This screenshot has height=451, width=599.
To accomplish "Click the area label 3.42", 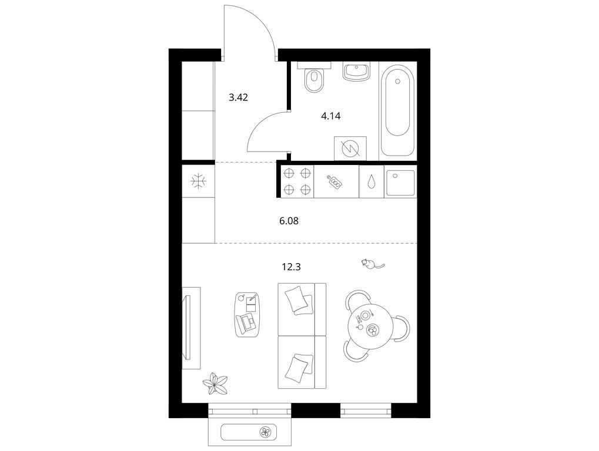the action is (x=239, y=97).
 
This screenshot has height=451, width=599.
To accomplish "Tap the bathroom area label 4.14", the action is (x=331, y=116).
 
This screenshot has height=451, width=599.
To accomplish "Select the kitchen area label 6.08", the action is (x=289, y=221).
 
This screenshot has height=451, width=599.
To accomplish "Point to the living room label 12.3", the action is (x=292, y=267).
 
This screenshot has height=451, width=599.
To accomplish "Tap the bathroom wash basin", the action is (x=356, y=72).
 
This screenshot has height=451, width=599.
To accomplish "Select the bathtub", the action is (x=398, y=110).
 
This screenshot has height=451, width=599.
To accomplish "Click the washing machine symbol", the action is (x=350, y=149).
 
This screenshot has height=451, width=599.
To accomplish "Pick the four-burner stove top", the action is (x=297, y=181).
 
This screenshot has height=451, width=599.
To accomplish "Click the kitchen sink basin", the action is (x=400, y=181).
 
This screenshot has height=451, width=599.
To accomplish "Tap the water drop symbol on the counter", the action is (x=372, y=181).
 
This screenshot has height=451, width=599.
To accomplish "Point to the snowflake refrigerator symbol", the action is (x=198, y=181).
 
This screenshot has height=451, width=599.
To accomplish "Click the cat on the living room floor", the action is (x=372, y=264).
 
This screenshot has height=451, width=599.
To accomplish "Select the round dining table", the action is (x=370, y=327).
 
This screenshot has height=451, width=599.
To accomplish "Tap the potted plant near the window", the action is (x=215, y=383).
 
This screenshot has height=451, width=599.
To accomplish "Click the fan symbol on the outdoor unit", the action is (x=265, y=432).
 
